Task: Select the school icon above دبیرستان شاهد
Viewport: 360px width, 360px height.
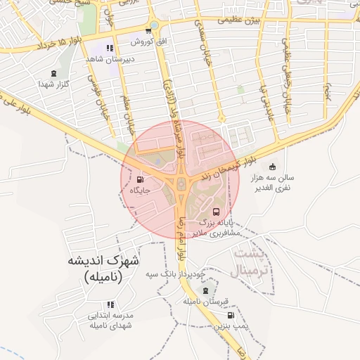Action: [110, 48]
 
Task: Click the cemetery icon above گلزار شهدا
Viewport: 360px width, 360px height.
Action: [54, 73]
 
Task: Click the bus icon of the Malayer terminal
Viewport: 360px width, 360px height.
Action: [216, 211]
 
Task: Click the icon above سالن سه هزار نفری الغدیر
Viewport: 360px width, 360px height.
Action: [272, 167]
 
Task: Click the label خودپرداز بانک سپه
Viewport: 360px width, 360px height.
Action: [174, 273]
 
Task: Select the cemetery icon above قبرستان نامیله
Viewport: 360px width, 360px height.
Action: [205, 290]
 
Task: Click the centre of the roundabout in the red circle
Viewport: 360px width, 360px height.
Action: [181, 184]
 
